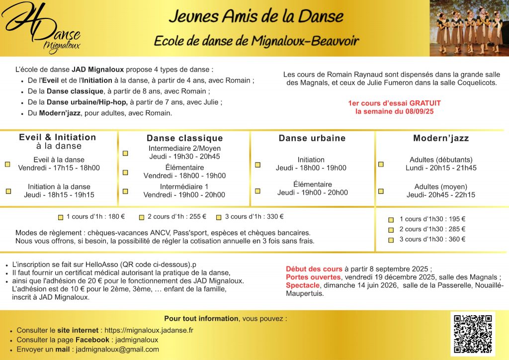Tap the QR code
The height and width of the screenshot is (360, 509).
click(x=473, y=334)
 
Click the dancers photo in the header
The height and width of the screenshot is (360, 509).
click(x=469, y=28)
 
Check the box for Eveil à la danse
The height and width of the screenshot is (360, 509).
click(x=7, y=164)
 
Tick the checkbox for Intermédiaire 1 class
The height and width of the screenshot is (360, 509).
click(x=125, y=191)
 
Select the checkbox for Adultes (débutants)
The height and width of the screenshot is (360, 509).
click(x=381, y=164)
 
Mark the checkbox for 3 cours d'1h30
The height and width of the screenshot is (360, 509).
click(x=391, y=240)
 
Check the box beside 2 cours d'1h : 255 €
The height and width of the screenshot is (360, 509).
click(x=142, y=217)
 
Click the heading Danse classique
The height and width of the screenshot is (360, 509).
click(x=184, y=138)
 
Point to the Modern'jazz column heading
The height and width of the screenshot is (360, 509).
click(x=441, y=138)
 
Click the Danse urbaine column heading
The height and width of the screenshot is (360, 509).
click(x=312, y=138)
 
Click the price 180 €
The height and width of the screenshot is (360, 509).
click(x=116, y=217)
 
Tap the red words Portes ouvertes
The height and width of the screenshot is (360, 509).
click(x=313, y=277)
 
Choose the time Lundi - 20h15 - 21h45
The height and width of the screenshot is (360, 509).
click(x=441, y=168)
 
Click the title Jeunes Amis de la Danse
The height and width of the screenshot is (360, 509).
click(x=256, y=16)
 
